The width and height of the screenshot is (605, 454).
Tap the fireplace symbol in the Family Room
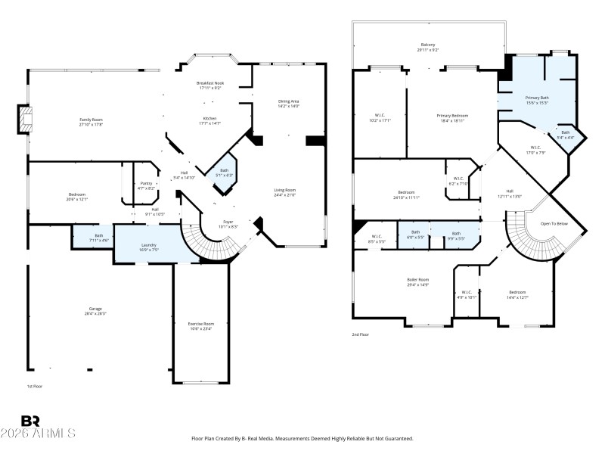[26, 120]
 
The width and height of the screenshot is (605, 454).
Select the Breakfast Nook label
[210, 82]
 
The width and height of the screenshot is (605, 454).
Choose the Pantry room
[147, 185]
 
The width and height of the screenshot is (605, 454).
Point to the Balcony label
[428, 45]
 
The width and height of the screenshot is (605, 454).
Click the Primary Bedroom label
[451, 116]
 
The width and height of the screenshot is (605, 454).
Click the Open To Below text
[553, 224]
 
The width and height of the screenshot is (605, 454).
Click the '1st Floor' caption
[35, 387]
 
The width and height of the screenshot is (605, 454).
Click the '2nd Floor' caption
[360, 334]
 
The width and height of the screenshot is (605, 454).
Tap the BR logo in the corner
[30, 421]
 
